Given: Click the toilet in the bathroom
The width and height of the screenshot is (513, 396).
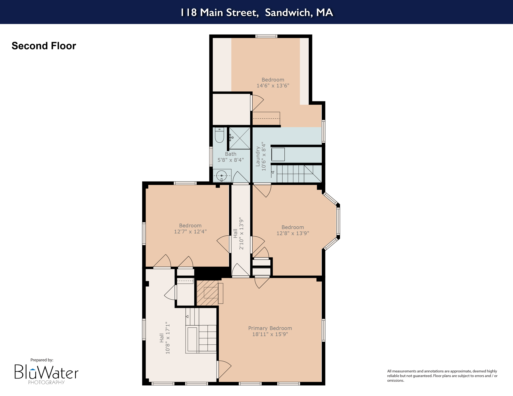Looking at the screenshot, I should [219, 135].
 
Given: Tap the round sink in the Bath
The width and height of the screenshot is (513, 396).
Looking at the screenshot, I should [221, 176].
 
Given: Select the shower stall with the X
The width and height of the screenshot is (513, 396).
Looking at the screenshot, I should [240, 138].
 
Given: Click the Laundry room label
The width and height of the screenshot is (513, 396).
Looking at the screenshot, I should [260, 156].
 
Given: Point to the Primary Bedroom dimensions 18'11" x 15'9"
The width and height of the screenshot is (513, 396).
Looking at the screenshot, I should [270, 334].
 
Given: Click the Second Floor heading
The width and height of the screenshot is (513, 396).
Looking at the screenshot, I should [44, 46].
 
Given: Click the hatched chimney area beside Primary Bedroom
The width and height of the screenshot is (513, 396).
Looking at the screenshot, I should [207, 293].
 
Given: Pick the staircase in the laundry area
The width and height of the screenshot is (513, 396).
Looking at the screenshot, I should [297, 174].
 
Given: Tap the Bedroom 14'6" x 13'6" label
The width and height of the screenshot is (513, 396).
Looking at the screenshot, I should [273, 82].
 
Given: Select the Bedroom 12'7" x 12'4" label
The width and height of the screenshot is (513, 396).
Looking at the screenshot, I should [190, 228].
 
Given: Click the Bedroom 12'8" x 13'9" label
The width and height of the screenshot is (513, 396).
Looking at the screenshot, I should [293, 230].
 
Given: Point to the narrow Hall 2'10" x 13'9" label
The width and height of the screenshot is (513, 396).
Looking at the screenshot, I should [238, 233].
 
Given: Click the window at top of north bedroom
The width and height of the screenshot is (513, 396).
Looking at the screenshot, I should [266, 36].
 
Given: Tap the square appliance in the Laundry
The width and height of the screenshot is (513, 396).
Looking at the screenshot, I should [278, 154].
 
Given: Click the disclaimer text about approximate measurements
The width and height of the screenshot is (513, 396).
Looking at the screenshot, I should [442, 376].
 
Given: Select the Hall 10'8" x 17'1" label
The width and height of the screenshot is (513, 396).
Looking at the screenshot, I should [165, 338].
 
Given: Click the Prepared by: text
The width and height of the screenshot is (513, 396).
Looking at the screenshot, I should [42, 360].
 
